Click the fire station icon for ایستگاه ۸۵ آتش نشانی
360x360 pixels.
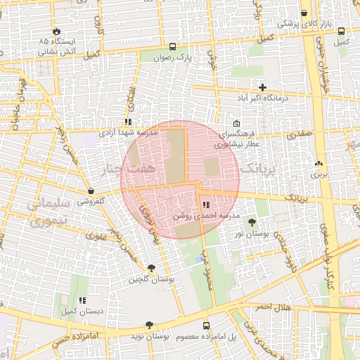pos(56,32)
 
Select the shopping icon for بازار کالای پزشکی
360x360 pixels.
pos(304,13)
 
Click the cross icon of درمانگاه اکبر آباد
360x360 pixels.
pos(263,88)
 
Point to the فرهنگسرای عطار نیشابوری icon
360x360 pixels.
pos(236,124)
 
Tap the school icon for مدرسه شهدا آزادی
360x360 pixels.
pos(128,122)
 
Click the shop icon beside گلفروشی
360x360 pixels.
pos(91,191)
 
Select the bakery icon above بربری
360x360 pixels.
pos(320,162)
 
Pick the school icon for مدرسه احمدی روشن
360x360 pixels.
pos(205,205)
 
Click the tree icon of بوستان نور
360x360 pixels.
pos(252,222)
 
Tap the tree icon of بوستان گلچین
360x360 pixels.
pos(151,268)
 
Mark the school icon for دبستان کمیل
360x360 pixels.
pos(82,300)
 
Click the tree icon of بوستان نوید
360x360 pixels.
pos(148,326)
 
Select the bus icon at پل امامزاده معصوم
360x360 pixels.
pos(206,326)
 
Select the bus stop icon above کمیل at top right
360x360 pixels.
pos(341,32)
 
